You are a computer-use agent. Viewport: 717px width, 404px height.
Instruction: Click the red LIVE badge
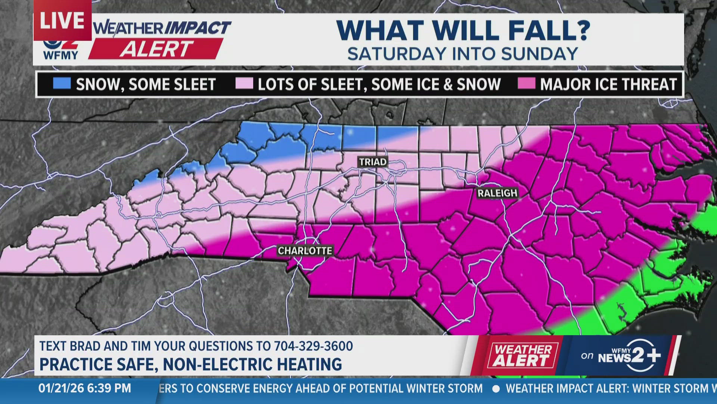pos(62,20)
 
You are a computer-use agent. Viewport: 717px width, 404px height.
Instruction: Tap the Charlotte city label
pos(305,251)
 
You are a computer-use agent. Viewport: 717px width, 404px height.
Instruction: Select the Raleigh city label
pos(497,193)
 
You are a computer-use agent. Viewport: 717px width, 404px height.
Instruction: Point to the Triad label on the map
pos(373,162)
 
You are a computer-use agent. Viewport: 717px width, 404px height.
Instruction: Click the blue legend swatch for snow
pos(62,83)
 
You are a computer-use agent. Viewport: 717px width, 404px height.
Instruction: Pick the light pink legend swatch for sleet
pos(244,83)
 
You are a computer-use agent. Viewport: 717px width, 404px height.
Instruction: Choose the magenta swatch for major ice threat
pos(527,83)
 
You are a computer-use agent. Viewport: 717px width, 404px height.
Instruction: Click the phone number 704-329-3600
pos(313,346)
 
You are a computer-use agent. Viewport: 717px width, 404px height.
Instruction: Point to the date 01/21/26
pos(61,388)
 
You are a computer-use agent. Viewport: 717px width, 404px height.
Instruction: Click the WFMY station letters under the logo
pos(60,55)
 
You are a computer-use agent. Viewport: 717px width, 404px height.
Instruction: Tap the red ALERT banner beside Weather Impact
pos(156,49)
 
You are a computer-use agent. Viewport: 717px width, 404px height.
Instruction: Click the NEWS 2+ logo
pos(629,356)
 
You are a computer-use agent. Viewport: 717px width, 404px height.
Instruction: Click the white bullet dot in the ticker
pos(496,389)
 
